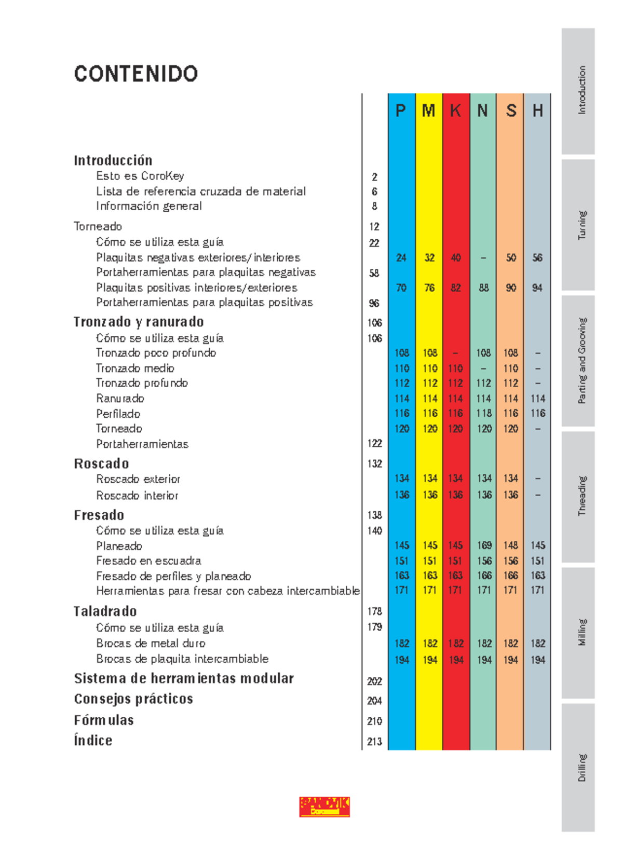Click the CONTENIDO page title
[x=136, y=74]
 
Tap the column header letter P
[x=401, y=111]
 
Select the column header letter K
[x=455, y=111]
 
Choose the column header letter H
[x=537, y=111]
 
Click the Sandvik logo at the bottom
[x=324, y=807]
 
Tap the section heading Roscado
[x=101, y=463]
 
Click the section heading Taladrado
[x=105, y=611]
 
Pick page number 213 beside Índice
[x=374, y=742]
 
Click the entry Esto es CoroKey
[x=140, y=176]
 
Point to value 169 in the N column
[x=484, y=545]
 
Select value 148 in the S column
[x=511, y=545]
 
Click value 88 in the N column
[x=484, y=288]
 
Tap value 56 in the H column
[x=537, y=257]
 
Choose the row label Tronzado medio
[x=135, y=368]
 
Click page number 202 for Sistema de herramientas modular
[x=374, y=681]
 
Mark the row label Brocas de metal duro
[x=151, y=643]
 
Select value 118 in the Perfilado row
[x=484, y=413]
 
